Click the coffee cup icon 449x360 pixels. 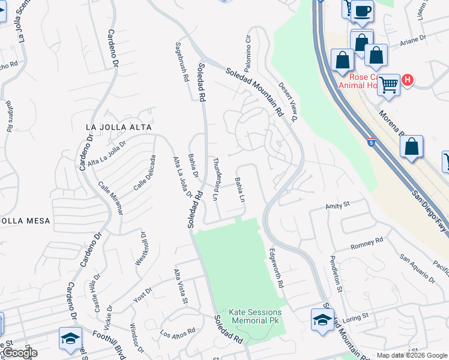pyautogui.click(x=362, y=11)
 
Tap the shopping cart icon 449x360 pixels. pyautogui.click(x=388, y=85)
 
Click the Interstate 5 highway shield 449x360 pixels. pyautogui.click(x=371, y=143)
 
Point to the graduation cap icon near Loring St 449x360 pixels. pyautogui.click(x=322, y=319)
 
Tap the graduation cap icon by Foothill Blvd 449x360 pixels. pyautogui.click(x=70, y=338)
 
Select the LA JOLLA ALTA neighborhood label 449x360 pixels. pyautogui.click(x=118, y=127)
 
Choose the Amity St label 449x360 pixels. pyautogui.click(x=337, y=205)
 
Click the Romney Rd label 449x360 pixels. pyautogui.click(x=366, y=243)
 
